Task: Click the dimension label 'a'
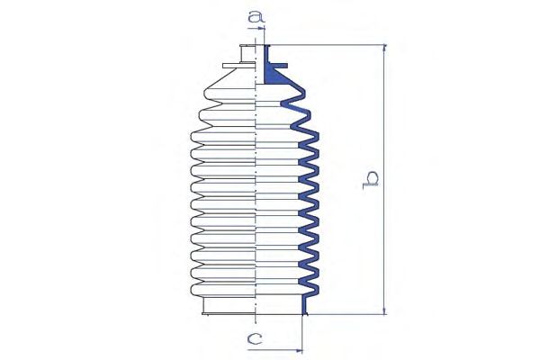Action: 256,16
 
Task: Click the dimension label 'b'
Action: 371,179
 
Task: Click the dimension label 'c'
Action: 255,339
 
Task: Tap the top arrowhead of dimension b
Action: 385,49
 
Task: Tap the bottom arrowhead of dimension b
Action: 385,310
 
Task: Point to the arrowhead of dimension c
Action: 298,351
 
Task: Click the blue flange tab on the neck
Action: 278,66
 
